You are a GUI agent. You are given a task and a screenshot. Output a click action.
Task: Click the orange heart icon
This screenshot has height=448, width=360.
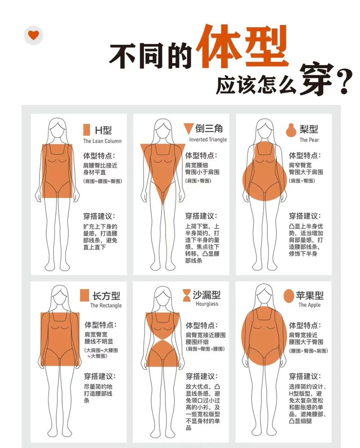tap(33, 35)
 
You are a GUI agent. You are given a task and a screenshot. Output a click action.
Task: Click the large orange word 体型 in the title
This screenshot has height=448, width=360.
tap(242, 46)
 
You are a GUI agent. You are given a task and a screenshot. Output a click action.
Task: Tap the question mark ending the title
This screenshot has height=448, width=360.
tap(344, 82)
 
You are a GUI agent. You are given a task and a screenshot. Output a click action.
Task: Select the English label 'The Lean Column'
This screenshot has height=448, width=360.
tap(102, 141)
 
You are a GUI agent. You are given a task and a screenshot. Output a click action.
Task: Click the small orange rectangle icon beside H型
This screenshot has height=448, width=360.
tap(86, 130)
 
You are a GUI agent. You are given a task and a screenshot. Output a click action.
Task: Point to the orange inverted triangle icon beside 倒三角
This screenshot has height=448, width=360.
tap(188, 129)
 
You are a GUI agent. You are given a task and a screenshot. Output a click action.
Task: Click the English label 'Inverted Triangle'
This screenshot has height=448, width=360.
tap(208, 139)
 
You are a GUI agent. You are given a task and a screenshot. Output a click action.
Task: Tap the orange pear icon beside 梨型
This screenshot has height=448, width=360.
tap(291, 130)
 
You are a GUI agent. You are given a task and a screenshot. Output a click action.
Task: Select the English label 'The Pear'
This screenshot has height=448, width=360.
tap(309, 140)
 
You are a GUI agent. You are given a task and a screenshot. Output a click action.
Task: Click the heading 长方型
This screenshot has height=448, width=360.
tap(106, 296)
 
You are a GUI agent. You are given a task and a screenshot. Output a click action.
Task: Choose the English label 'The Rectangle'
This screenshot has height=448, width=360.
tap(106, 305)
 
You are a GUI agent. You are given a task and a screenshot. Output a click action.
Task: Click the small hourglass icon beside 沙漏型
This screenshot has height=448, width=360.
tap(187, 296)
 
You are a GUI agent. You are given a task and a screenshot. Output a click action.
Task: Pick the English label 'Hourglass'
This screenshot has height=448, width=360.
tap(207, 304)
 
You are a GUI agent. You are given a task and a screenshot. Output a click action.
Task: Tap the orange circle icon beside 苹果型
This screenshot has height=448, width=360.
tap(289, 296)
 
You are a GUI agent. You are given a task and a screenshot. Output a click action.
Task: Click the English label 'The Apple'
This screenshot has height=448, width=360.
tap(310, 305)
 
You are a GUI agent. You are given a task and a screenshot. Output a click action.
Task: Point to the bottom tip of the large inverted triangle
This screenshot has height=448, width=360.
tap(163, 205)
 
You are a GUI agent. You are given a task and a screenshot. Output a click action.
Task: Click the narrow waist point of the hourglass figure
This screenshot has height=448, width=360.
tap(163, 340)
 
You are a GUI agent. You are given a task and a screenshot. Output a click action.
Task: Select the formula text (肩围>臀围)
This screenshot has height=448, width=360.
tap(198, 180)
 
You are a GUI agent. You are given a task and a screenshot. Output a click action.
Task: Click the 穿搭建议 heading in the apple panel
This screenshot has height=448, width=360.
tap(305, 376)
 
